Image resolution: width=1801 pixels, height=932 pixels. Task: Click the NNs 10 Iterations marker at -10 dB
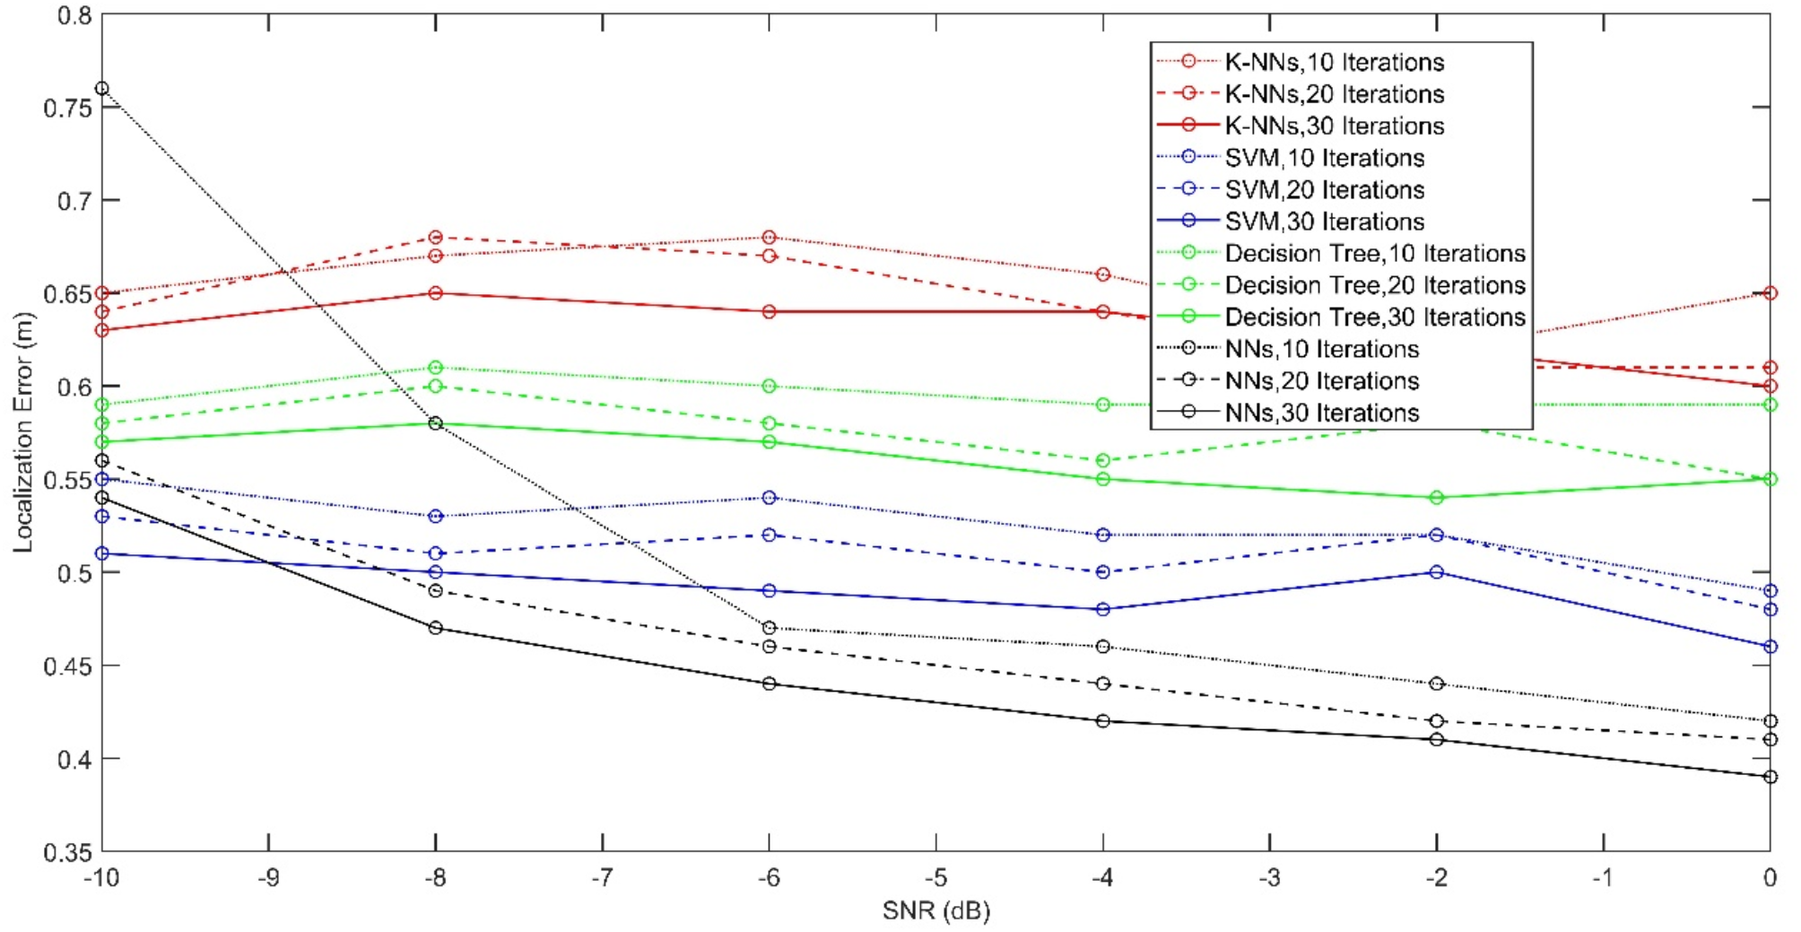point(101,89)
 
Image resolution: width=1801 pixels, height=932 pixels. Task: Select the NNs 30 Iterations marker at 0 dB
point(1770,777)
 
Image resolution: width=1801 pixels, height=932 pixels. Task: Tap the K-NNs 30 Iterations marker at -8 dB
point(436,293)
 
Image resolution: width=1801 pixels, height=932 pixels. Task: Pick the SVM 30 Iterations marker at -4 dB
point(1103,609)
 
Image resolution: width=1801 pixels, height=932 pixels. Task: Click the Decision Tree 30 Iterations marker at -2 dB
point(1437,498)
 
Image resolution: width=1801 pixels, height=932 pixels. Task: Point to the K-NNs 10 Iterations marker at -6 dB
point(770,238)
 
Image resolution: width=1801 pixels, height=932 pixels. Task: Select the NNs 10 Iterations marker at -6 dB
point(770,628)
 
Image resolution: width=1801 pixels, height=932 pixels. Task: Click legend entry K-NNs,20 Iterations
point(1334,94)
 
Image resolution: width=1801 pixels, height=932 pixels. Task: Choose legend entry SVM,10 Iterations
point(1324,158)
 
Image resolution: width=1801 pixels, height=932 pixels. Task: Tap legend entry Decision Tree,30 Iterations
point(1374,318)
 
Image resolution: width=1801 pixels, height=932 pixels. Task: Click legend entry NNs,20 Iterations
point(1321,381)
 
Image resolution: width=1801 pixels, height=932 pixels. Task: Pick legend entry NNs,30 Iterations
point(1321,414)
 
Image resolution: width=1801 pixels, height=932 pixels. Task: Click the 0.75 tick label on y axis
point(67,108)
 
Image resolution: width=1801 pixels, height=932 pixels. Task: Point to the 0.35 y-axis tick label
point(67,852)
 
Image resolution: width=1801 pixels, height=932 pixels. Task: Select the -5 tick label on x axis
point(935,877)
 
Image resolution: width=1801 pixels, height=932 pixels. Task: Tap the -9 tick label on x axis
point(268,877)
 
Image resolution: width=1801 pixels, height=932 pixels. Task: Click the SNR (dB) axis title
point(935,911)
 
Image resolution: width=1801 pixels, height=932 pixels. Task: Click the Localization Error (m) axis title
point(23,432)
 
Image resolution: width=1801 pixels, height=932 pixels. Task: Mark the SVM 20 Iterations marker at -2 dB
point(1437,535)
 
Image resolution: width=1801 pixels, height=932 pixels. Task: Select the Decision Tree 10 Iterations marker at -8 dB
point(436,368)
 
